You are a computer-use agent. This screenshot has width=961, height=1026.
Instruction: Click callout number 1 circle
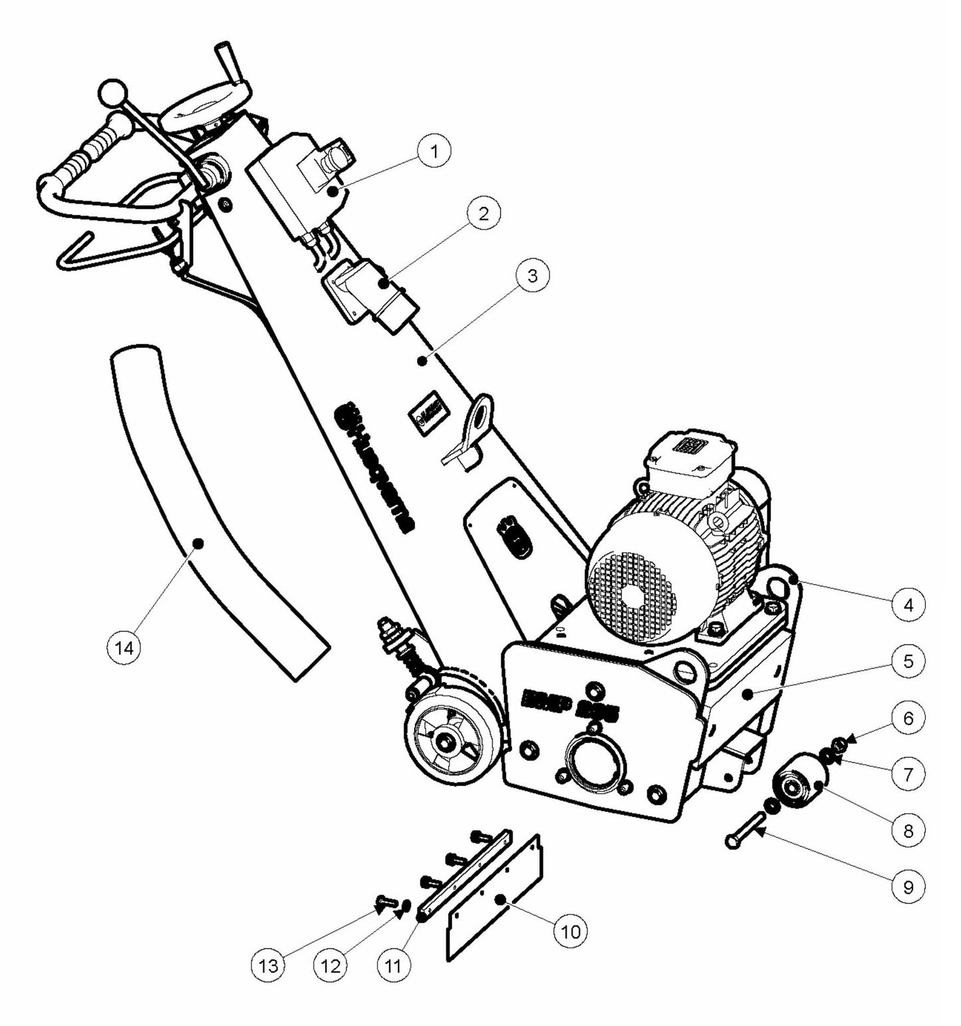point(434,151)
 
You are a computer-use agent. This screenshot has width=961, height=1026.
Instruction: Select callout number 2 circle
point(483,214)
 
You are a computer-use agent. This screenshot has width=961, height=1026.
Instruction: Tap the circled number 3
point(532,275)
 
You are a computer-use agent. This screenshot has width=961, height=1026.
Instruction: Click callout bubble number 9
point(908,887)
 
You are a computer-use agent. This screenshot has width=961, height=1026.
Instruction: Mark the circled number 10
point(571,931)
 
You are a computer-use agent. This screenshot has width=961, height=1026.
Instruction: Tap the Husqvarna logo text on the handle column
point(375,466)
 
